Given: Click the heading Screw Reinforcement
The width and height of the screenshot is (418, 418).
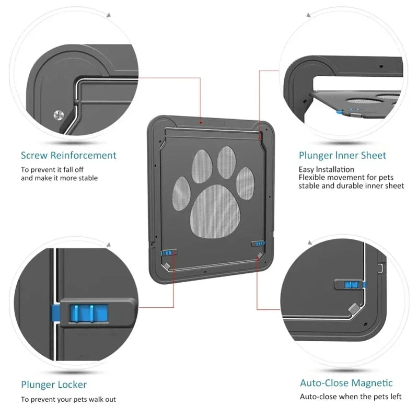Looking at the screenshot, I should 68,155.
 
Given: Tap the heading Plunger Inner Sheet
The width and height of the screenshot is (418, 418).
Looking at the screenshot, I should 342,155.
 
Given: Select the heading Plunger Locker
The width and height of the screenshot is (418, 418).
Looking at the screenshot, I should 54,385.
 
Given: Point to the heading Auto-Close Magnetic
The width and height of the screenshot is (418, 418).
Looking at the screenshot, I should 346,383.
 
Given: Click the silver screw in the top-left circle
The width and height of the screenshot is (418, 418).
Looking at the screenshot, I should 59,114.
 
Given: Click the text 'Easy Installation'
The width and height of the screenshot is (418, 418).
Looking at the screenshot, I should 326,169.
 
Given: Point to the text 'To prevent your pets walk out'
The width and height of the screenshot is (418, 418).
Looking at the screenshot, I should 68,400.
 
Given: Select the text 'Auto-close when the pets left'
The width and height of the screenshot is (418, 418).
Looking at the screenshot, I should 351,397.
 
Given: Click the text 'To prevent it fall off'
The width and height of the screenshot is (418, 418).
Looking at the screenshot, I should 52,170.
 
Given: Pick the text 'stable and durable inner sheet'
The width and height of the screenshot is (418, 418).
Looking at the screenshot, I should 351,186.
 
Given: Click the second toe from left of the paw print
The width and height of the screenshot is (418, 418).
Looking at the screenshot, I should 202,165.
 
